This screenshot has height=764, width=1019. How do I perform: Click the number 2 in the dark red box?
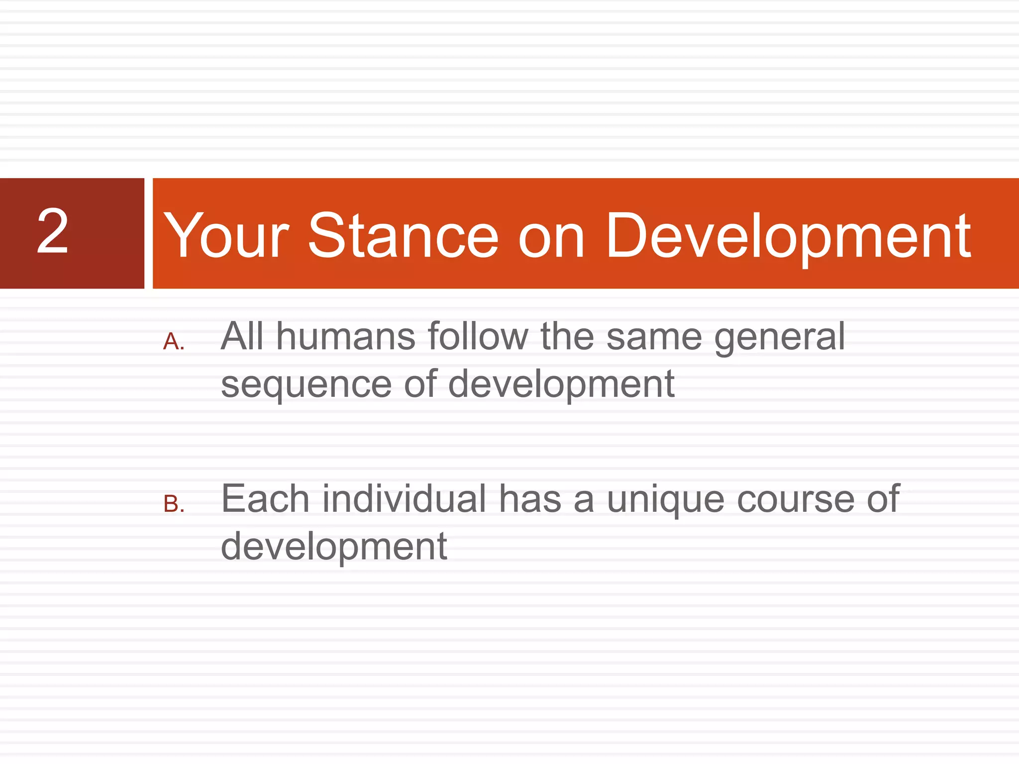(52, 231)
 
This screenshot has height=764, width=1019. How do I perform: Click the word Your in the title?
(226, 236)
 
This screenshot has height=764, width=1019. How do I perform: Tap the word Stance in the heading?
(403, 236)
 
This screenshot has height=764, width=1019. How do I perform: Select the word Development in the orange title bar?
(788, 236)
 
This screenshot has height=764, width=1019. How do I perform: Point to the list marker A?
(174, 342)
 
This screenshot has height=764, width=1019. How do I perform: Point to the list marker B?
(174, 504)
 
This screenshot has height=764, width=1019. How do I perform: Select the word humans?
(345, 337)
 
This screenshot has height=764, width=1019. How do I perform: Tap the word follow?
(478, 337)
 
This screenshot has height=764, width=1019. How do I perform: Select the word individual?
(404, 499)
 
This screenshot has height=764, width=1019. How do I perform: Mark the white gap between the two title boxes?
(148, 233)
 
